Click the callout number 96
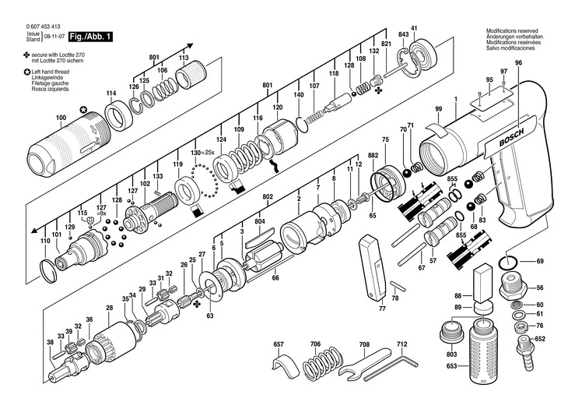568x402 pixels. tap(518, 62)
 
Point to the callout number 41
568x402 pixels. tap(413, 29)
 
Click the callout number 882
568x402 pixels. tap(373, 157)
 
